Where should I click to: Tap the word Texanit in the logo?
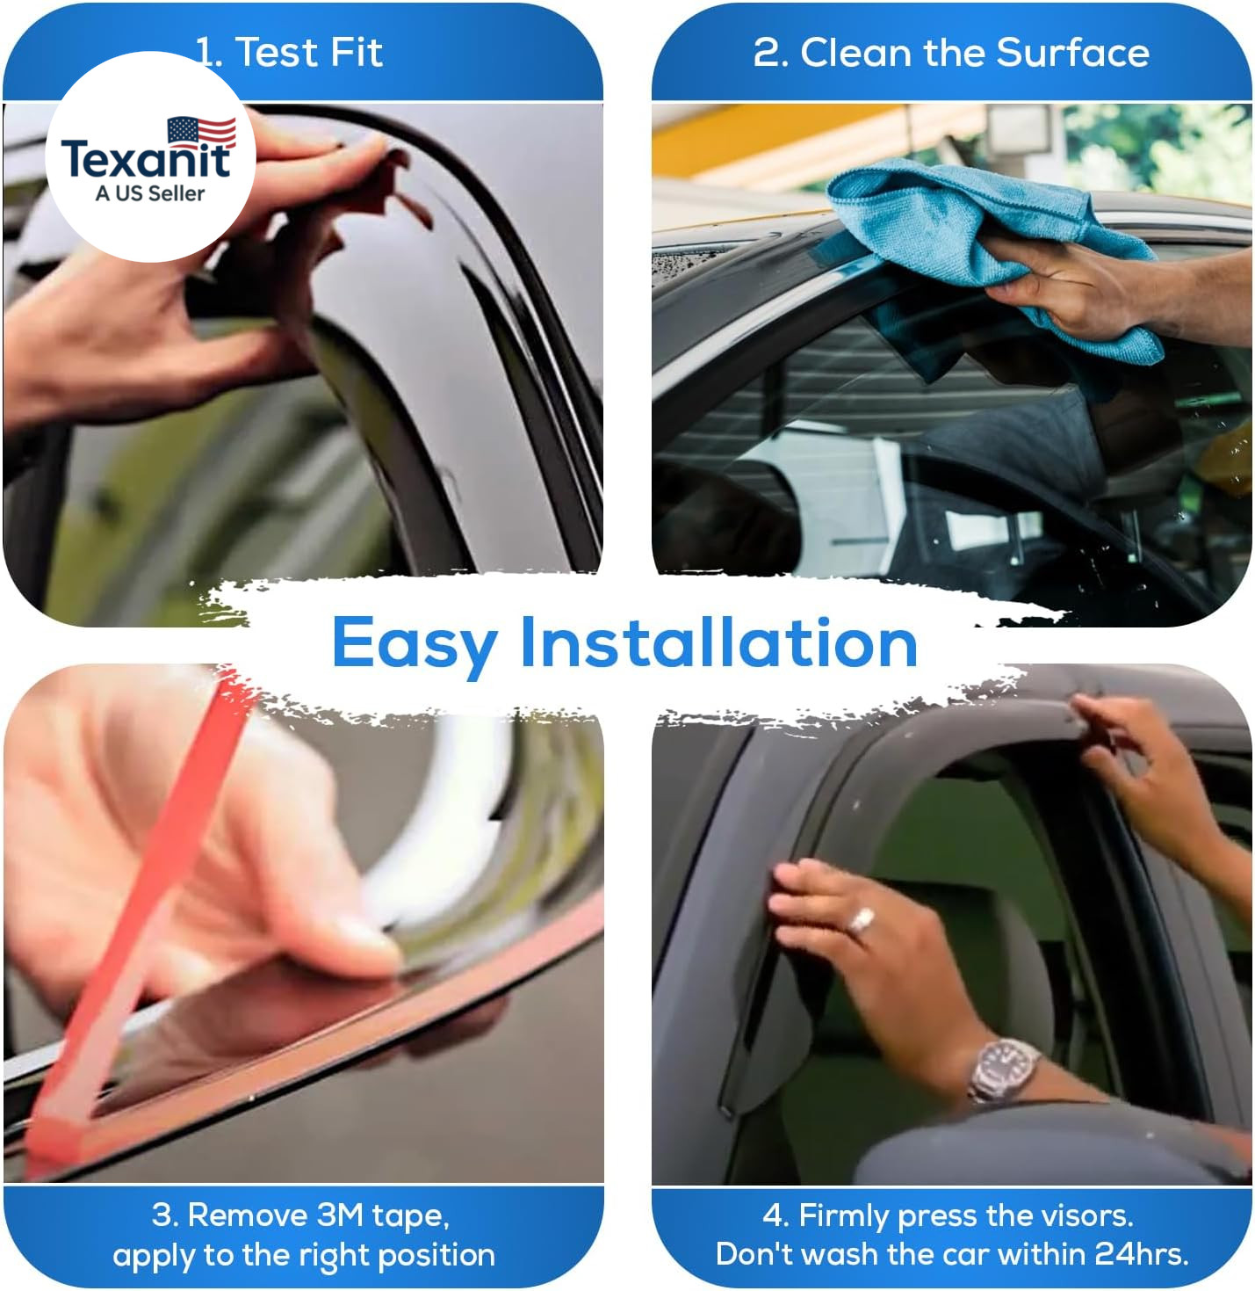(146, 159)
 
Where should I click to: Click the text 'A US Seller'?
(150, 193)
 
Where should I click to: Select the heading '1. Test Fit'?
(289, 53)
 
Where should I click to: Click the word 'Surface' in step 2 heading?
(1072, 53)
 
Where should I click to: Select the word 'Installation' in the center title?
(719, 642)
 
